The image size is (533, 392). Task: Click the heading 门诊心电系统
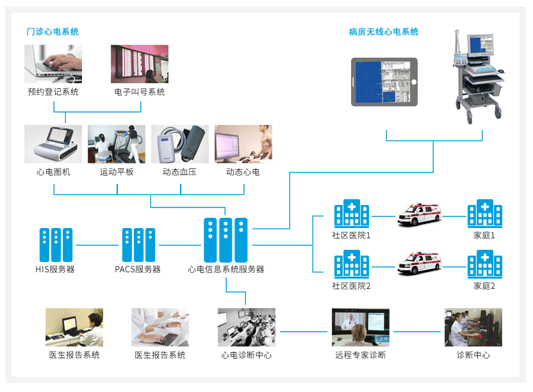pyautogui.click(x=53, y=31)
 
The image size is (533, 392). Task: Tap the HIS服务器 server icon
pyautogui.click(x=56, y=244)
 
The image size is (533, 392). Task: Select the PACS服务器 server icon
pyautogui.click(x=138, y=244)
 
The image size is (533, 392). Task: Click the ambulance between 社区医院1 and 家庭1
pyautogui.click(x=419, y=215)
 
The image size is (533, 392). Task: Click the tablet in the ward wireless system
pyautogui.click(x=384, y=81)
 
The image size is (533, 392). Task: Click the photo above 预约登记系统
pyautogui.click(x=53, y=63)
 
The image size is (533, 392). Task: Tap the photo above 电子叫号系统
pyautogui.click(x=140, y=63)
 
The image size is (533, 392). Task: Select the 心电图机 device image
pyautogui.click(x=53, y=144)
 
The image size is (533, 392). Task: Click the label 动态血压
pyautogui.click(x=180, y=172)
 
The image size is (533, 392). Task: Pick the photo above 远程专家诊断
pyautogui.click(x=360, y=327)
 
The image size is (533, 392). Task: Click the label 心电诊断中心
pyautogui.click(x=247, y=355)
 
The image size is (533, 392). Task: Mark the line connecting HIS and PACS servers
pyautogui.click(x=98, y=245)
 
